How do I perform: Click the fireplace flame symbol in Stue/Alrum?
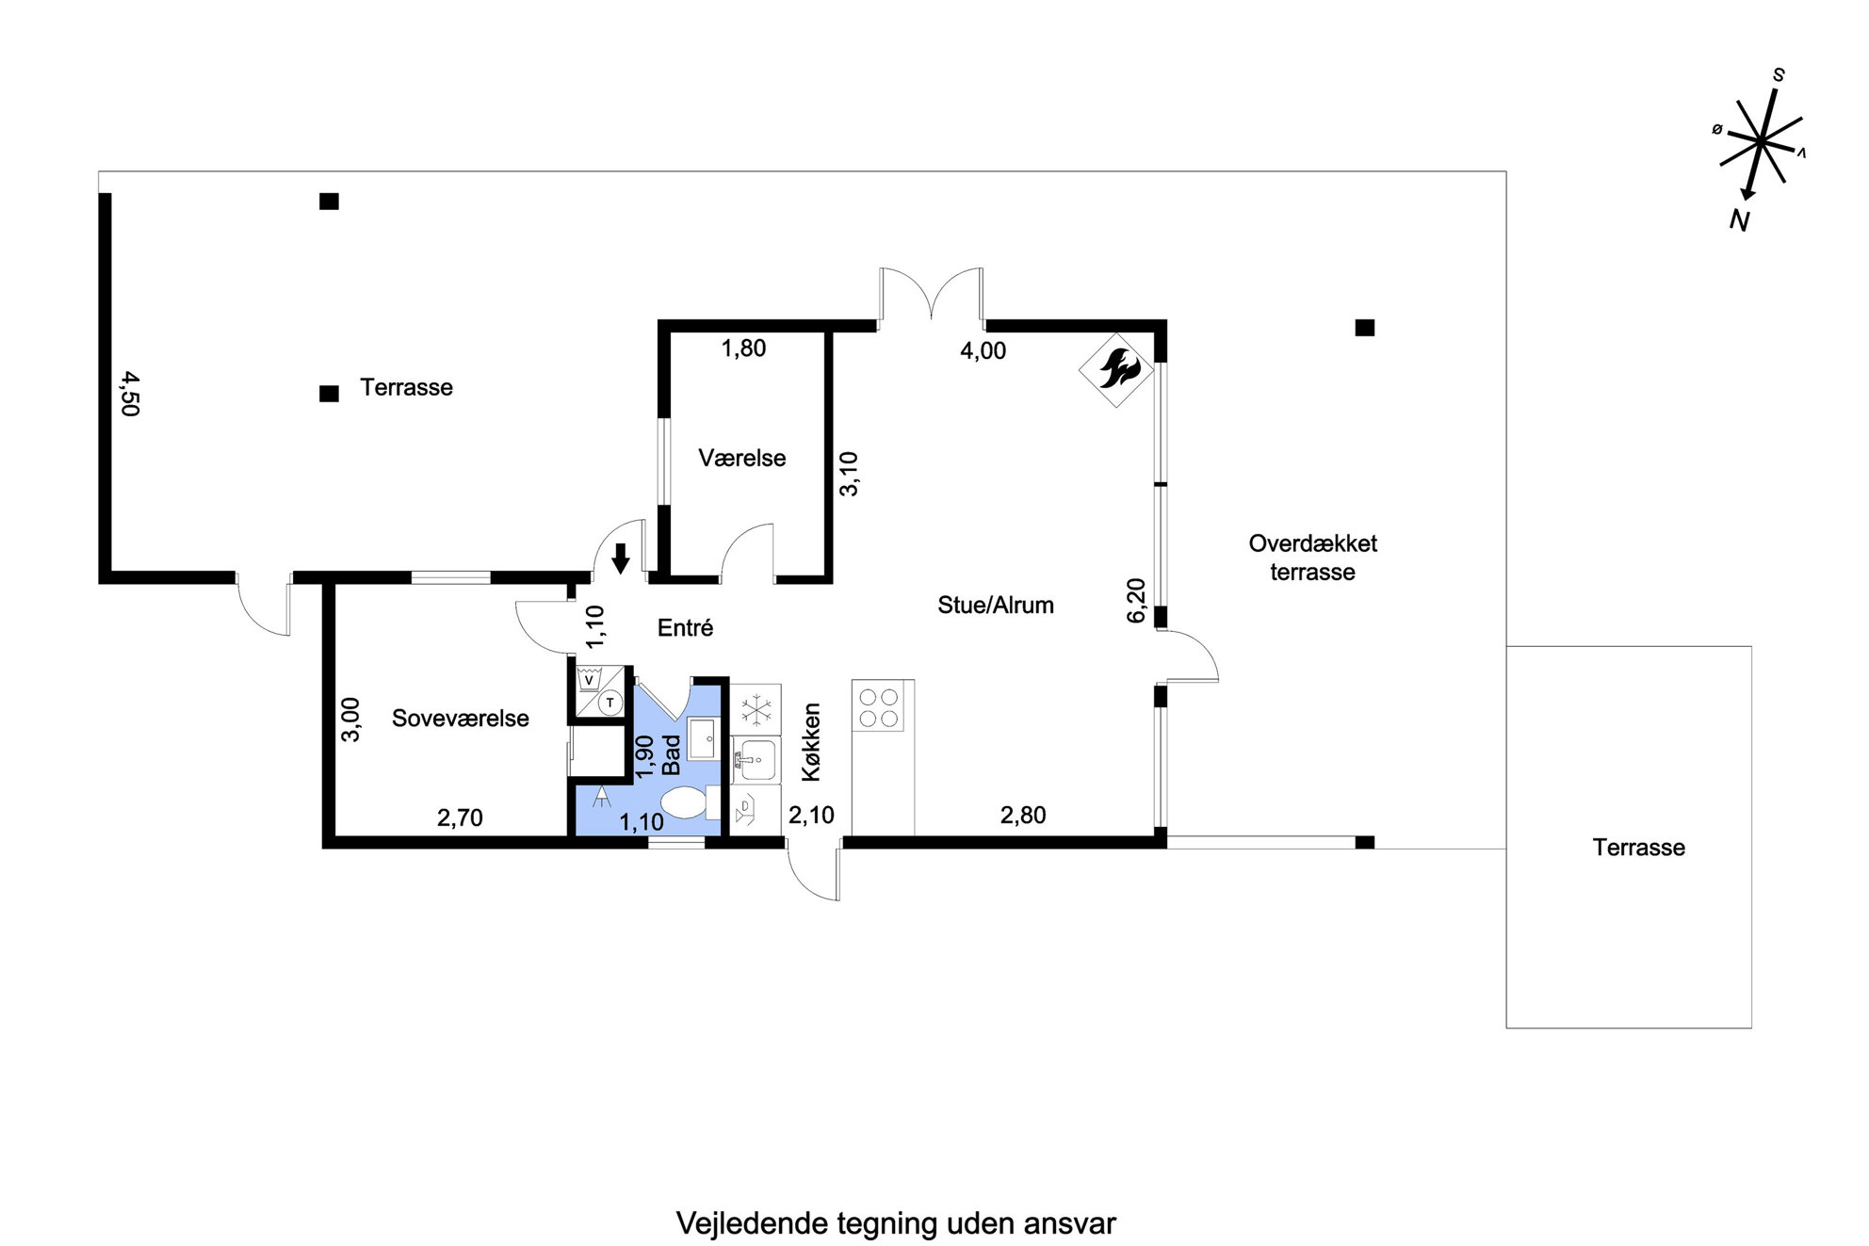click(x=1116, y=369)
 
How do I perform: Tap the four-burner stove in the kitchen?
click(x=879, y=707)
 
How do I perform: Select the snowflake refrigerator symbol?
click(x=756, y=709)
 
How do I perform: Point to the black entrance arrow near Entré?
click(x=620, y=558)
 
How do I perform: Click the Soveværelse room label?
click(x=461, y=719)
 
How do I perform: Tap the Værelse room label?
click(x=742, y=459)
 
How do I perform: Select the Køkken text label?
click(x=811, y=742)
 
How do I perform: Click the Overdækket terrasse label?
click(x=1312, y=558)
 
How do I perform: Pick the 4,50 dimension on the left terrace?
click(x=129, y=394)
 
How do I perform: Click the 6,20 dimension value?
click(x=1136, y=600)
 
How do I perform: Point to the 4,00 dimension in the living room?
click(x=983, y=351)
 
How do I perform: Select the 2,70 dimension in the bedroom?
click(x=460, y=817)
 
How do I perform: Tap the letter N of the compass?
click(x=1740, y=220)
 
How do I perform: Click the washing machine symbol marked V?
click(x=590, y=679)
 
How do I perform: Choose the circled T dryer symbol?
click(x=610, y=703)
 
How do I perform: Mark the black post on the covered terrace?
click(x=1364, y=328)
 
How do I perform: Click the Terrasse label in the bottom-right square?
click(x=1638, y=848)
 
